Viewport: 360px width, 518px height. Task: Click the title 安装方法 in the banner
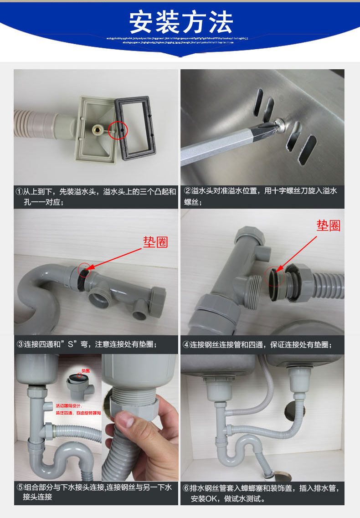coord(181,21)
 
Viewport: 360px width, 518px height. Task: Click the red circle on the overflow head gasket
coord(118,130)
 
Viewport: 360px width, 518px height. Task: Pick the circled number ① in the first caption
coord(19,191)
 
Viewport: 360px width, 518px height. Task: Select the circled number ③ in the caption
coord(20,344)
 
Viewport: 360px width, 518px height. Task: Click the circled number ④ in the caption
coord(186,345)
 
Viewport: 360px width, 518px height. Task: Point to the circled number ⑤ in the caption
coord(20,487)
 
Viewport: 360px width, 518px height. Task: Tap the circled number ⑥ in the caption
coord(186,488)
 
